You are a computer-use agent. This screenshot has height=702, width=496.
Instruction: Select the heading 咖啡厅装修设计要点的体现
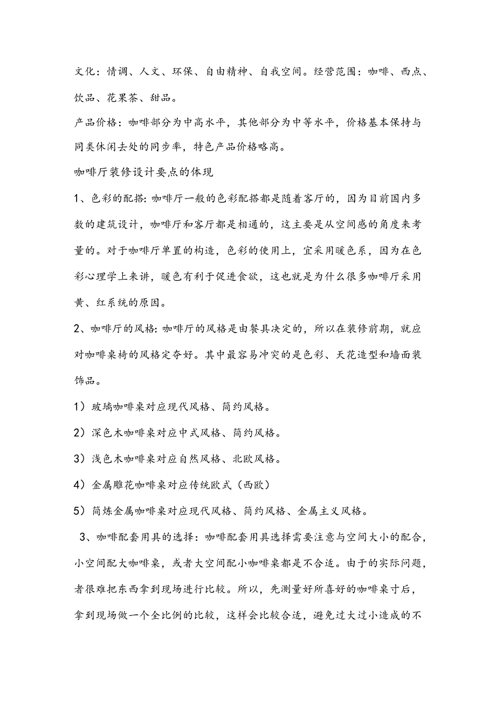[144, 173]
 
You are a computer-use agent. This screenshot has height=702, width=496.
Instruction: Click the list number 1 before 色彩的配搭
[77, 200]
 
